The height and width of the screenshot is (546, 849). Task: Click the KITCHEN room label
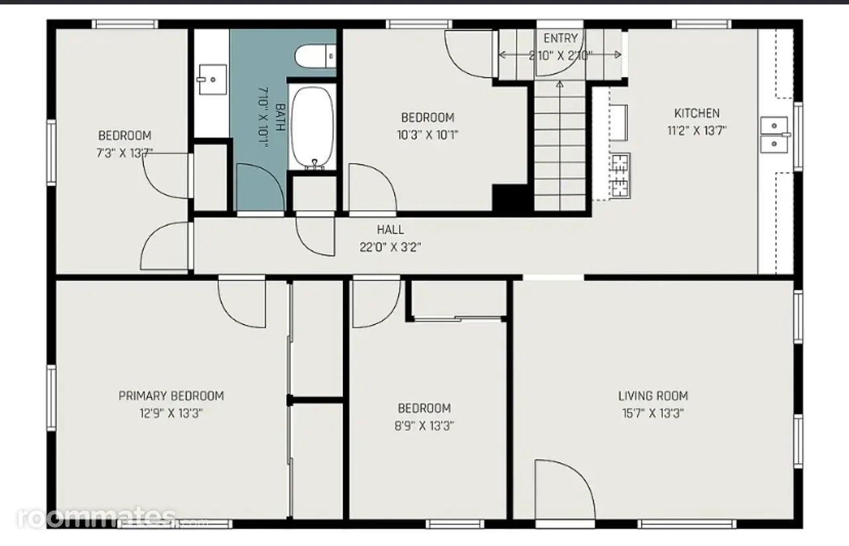coord(696,113)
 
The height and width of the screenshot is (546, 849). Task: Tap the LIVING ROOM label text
coord(653,396)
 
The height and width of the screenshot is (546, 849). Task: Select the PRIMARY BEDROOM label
coord(171,396)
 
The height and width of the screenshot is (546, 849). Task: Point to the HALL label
coord(391,229)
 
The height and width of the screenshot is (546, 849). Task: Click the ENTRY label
coord(560,38)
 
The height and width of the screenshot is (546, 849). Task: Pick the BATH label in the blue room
coord(281,117)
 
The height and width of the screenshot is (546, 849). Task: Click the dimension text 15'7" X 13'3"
coord(653,413)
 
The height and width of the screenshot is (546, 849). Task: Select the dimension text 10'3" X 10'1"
coord(428,135)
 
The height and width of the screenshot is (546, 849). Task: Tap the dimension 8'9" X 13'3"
coord(424,426)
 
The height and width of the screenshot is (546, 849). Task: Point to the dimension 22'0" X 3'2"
coord(391,247)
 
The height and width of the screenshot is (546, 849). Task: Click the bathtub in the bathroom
coord(312,127)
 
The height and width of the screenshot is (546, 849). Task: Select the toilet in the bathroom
coord(315,56)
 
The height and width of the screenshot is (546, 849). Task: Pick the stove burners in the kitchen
coord(620,176)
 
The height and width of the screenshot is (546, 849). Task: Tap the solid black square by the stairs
coord(511,197)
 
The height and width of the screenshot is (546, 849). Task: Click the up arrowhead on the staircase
coord(560,84)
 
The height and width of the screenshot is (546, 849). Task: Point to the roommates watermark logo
coord(97,518)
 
